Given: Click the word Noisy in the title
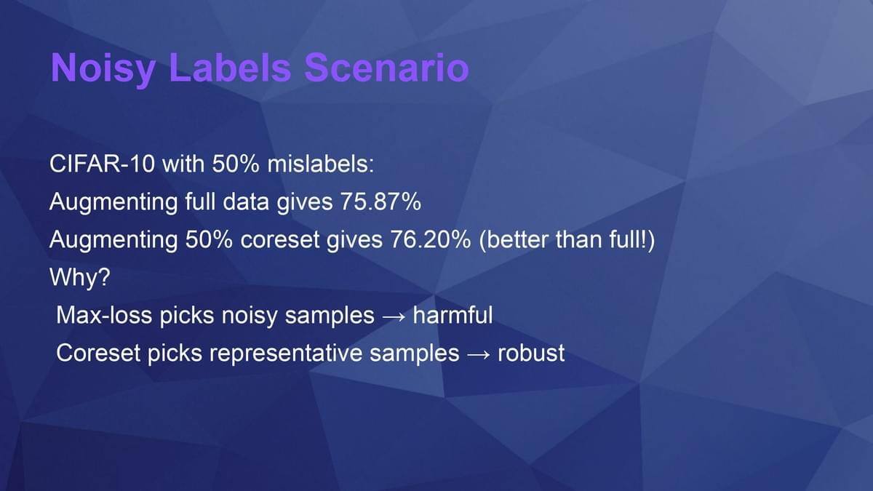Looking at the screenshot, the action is click(x=103, y=68).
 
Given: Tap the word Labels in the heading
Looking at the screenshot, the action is click(x=230, y=68).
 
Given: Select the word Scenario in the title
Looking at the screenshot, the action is click(x=386, y=68).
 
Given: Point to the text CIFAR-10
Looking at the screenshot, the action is click(x=102, y=164).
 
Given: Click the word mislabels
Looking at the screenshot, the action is click(x=320, y=164).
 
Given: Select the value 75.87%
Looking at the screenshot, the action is click(x=380, y=201).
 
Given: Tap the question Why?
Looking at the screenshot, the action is click(x=80, y=277).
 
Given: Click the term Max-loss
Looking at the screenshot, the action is click(x=104, y=315).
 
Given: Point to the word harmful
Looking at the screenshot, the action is click(x=453, y=315).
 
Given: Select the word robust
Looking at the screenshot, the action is click(x=531, y=353).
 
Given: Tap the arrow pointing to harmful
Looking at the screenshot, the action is click(x=394, y=316).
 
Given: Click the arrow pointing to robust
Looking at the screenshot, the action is click(x=479, y=354).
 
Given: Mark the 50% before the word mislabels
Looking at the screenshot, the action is click(x=236, y=164).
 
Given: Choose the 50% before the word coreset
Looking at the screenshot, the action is click(x=209, y=239).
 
